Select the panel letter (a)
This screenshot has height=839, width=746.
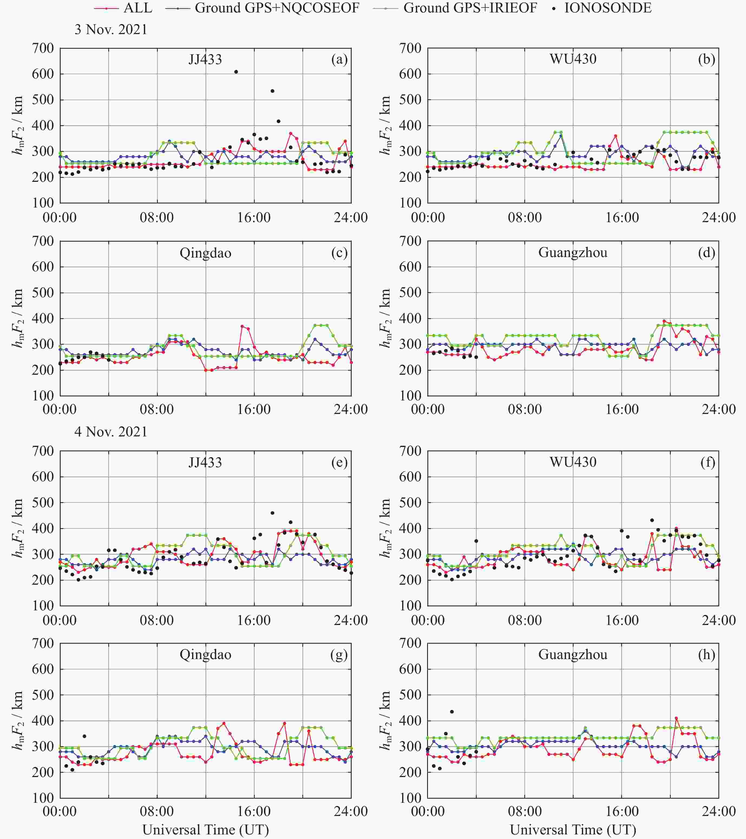(339, 60)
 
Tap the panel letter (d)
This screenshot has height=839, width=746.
(706, 252)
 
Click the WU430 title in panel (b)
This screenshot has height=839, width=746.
(573, 59)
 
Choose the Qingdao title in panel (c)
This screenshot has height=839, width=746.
(205, 253)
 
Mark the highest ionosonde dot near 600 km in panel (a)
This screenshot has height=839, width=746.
(236, 72)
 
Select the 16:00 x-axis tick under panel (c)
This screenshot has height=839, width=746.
(254, 409)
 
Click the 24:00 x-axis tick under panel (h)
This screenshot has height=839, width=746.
(718, 811)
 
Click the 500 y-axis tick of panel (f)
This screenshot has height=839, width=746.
(411, 502)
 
